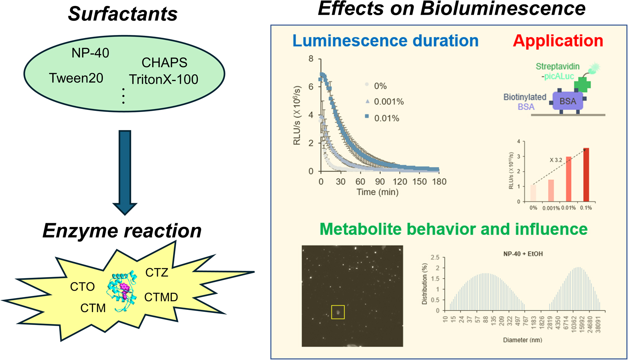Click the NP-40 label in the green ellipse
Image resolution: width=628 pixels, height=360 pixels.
(90, 53)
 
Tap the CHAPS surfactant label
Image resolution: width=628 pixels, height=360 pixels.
(164, 63)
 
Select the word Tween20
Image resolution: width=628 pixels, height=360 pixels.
(76, 78)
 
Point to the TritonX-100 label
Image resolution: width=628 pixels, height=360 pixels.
(163, 80)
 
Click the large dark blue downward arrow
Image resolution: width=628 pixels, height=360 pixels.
(125, 172)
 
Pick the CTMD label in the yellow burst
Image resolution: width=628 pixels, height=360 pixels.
(161, 297)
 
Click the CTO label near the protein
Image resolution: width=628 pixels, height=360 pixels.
(83, 287)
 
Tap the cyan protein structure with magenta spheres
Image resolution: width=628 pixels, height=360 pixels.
(122, 291)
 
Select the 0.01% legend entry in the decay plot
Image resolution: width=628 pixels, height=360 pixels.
(382, 118)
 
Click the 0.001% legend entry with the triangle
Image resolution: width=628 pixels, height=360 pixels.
(385, 101)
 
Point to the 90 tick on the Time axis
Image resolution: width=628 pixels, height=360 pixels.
(380, 182)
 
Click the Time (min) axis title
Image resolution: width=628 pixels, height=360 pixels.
(377, 192)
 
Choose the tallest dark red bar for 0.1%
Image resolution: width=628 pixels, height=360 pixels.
(586, 175)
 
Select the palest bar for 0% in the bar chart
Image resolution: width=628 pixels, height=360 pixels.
(533, 193)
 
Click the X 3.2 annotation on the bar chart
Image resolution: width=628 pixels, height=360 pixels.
(556, 160)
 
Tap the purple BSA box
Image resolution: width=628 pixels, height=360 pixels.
(568, 101)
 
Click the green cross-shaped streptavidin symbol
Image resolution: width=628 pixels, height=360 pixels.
(582, 85)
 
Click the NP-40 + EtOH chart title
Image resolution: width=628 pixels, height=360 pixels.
(523, 254)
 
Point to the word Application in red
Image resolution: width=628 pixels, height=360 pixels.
(558, 41)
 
